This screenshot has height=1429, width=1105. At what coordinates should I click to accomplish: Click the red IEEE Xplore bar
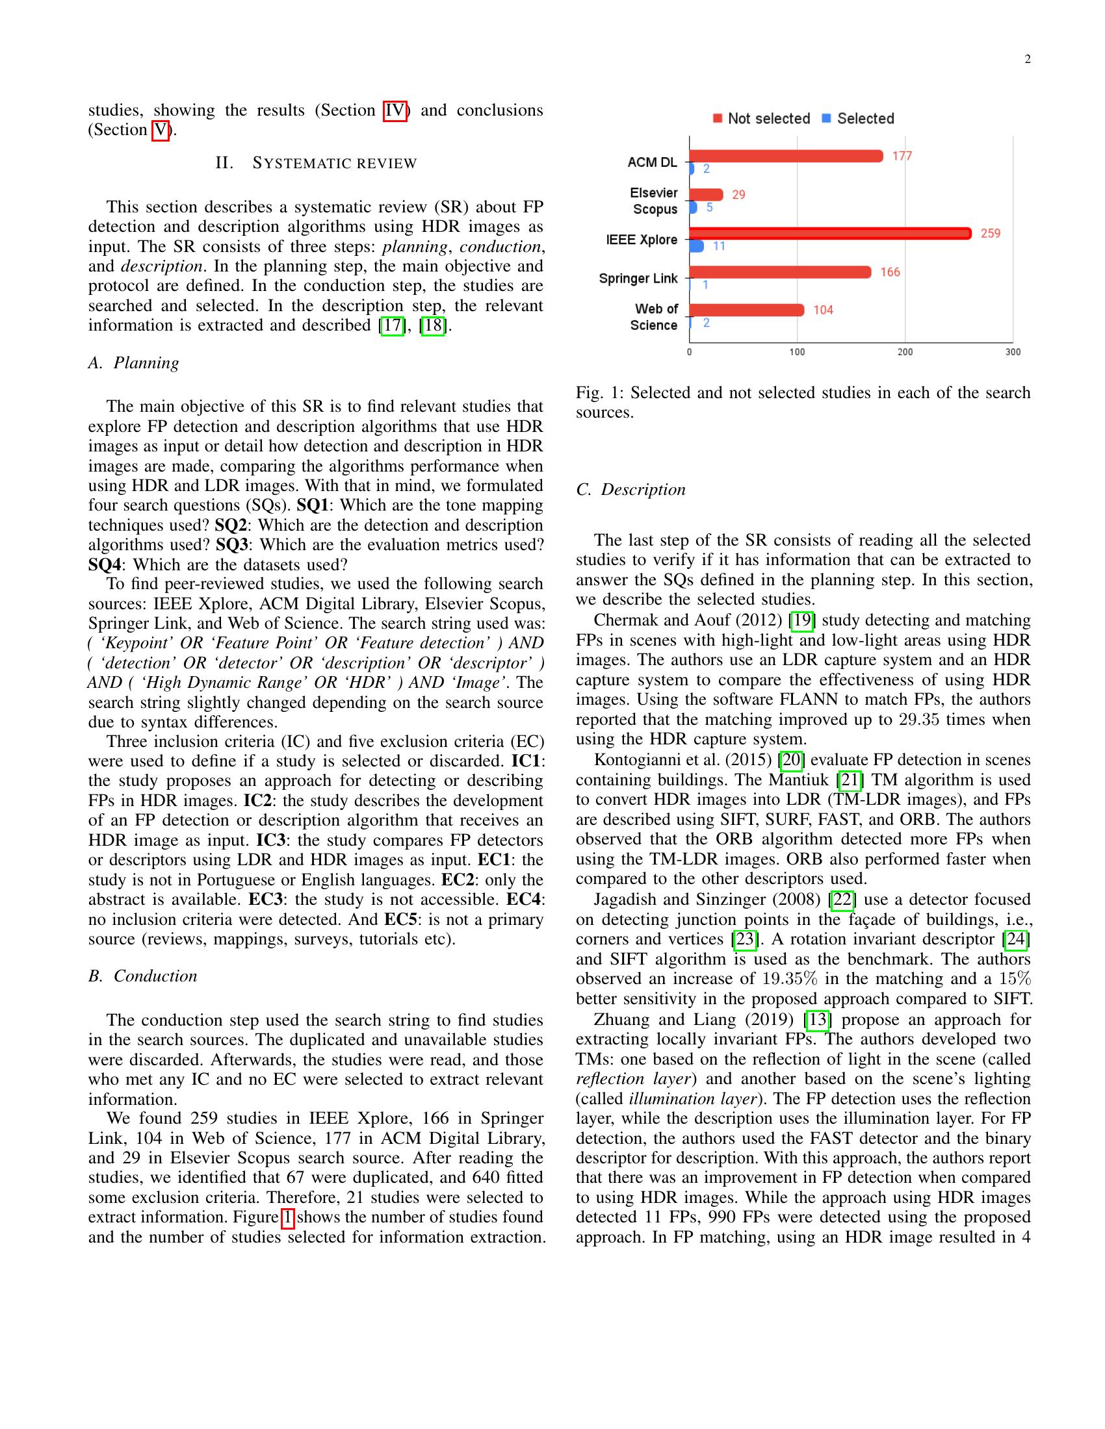tap(830, 234)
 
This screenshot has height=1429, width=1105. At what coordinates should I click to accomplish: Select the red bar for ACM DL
tap(786, 156)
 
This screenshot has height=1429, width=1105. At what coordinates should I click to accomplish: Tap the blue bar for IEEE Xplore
tap(697, 246)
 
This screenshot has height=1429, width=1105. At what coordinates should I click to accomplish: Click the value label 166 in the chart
tap(890, 272)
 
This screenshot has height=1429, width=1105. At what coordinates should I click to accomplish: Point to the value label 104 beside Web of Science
tap(823, 310)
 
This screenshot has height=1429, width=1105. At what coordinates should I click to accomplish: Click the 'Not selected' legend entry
tap(761, 118)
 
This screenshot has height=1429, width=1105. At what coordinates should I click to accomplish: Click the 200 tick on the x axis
tap(905, 352)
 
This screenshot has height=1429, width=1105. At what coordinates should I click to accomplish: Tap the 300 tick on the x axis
tap(1012, 352)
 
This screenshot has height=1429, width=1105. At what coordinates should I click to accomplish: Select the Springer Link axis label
tap(638, 279)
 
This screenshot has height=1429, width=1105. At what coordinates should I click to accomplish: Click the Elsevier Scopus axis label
tap(654, 201)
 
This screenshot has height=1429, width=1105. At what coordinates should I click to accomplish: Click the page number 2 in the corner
tap(1027, 60)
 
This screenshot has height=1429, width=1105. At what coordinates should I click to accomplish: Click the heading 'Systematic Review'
tap(316, 163)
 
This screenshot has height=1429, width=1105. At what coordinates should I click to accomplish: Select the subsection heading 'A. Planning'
tap(133, 363)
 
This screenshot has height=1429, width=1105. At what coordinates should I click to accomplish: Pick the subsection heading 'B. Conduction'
tap(143, 976)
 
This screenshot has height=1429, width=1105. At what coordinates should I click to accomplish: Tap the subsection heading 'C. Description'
tap(630, 490)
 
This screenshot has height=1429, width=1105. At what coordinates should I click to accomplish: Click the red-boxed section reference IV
tap(395, 110)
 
